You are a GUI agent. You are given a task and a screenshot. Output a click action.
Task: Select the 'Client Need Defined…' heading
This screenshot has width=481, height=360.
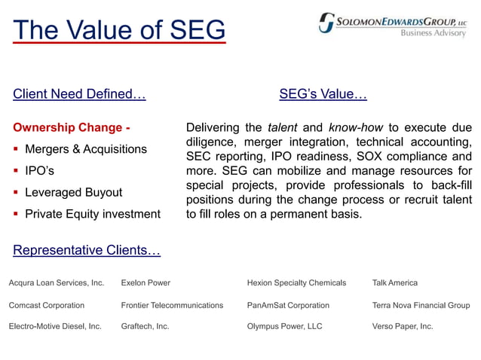pyautogui.click(x=79, y=94)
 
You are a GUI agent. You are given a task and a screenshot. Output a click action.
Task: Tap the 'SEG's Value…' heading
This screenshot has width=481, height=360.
pyautogui.click(x=323, y=94)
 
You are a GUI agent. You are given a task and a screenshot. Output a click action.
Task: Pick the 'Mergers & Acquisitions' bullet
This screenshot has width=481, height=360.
pyautogui.click(x=86, y=148)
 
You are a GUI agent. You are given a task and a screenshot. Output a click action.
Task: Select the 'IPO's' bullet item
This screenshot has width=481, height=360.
pyautogui.click(x=39, y=170)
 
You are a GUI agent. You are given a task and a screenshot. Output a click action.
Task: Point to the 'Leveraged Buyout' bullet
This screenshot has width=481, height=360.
pyautogui.click(x=73, y=192)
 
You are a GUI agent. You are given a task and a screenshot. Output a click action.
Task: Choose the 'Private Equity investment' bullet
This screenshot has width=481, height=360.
pyautogui.click(x=93, y=214)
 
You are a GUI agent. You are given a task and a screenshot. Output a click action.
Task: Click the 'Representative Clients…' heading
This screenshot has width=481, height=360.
pyautogui.click(x=87, y=250)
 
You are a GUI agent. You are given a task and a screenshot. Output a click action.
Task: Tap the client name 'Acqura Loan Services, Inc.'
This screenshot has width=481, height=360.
pyautogui.click(x=57, y=283)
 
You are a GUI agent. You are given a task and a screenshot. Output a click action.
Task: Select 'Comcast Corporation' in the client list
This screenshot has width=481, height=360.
pyautogui.click(x=47, y=305)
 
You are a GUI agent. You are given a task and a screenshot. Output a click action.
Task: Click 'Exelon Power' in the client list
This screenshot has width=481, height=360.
pyautogui.click(x=146, y=283)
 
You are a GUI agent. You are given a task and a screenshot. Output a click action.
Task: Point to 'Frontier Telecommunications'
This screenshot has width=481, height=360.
pyautogui.click(x=172, y=305)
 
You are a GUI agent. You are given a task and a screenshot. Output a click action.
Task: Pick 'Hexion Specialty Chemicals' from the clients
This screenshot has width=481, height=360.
pyautogui.click(x=296, y=283)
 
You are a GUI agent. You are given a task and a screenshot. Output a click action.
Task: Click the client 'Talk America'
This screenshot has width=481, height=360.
pyautogui.click(x=394, y=283)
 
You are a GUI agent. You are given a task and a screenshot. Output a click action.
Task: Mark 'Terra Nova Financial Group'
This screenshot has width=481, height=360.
pyautogui.click(x=421, y=305)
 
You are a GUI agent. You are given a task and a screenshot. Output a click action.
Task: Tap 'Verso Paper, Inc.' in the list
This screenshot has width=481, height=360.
pyautogui.click(x=403, y=327)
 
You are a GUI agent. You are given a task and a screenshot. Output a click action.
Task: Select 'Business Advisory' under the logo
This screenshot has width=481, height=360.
pyautogui.click(x=433, y=33)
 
